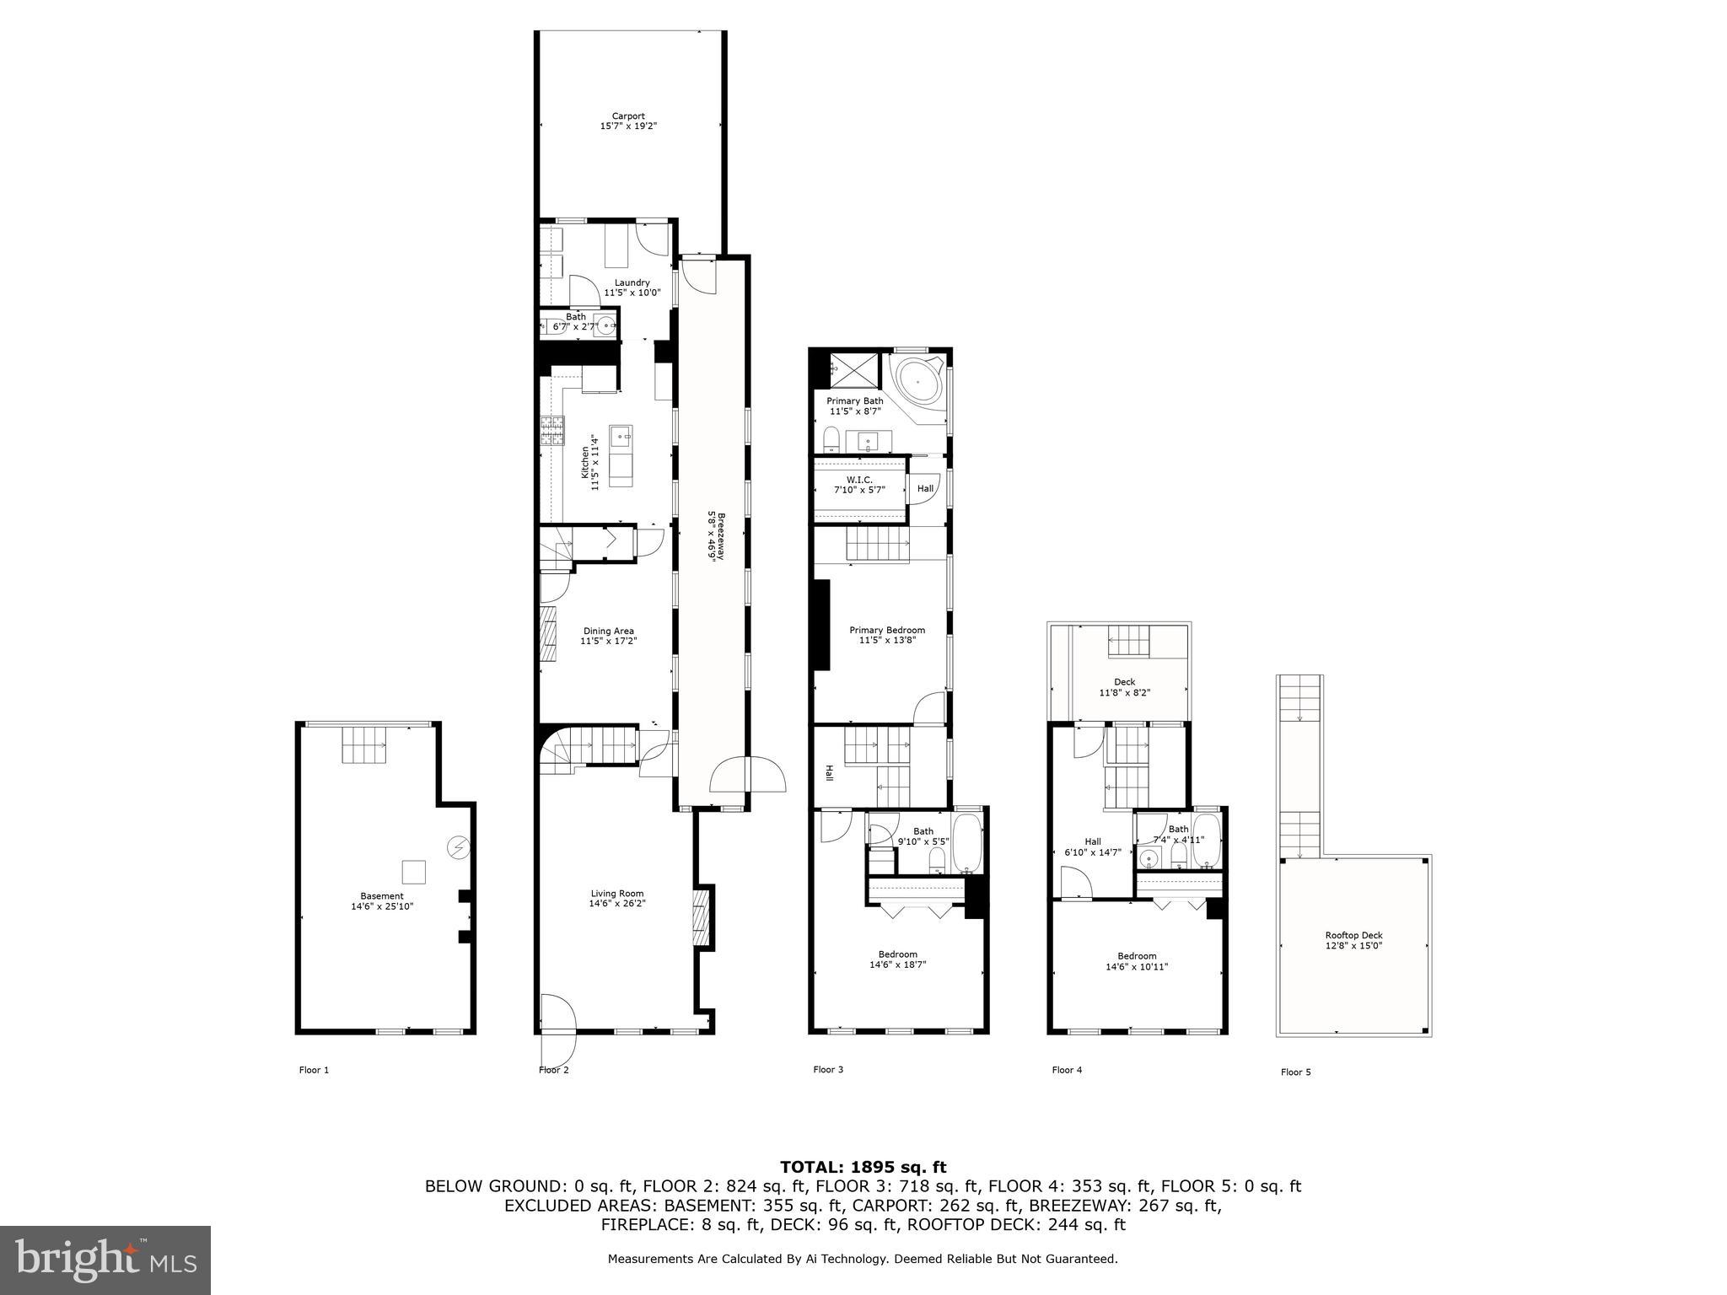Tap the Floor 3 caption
[828, 1070]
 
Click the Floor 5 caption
[1295, 1072]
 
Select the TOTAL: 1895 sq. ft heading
[863, 1167]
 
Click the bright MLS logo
[105, 1260]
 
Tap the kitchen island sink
[621, 437]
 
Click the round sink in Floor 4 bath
[1147, 859]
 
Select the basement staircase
[364, 744]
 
